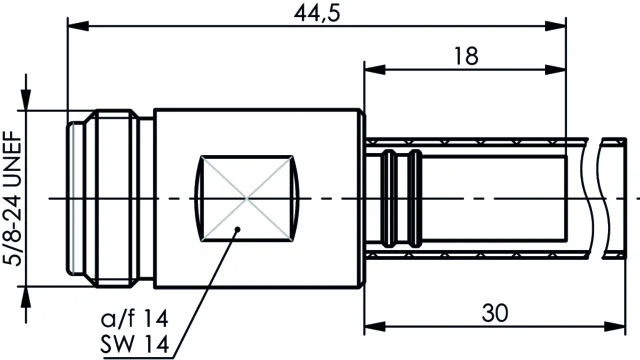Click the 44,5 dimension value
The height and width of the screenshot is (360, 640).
[x=317, y=13]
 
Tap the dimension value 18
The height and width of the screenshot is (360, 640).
[x=466, y=56]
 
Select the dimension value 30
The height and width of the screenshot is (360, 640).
[x=495, y=313]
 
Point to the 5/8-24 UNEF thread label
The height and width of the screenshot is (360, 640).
[x=12, y=198]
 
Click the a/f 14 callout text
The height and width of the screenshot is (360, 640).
[x=135, y=318]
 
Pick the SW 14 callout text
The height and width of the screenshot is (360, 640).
[x=135, y=345]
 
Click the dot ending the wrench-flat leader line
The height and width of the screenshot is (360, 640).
[x=238, y=229]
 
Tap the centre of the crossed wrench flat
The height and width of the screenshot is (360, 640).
[x=247, y=198]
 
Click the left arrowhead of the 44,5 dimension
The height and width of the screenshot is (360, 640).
[x=78, y=26]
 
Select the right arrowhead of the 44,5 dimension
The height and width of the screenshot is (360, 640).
[x=556, y=26]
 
